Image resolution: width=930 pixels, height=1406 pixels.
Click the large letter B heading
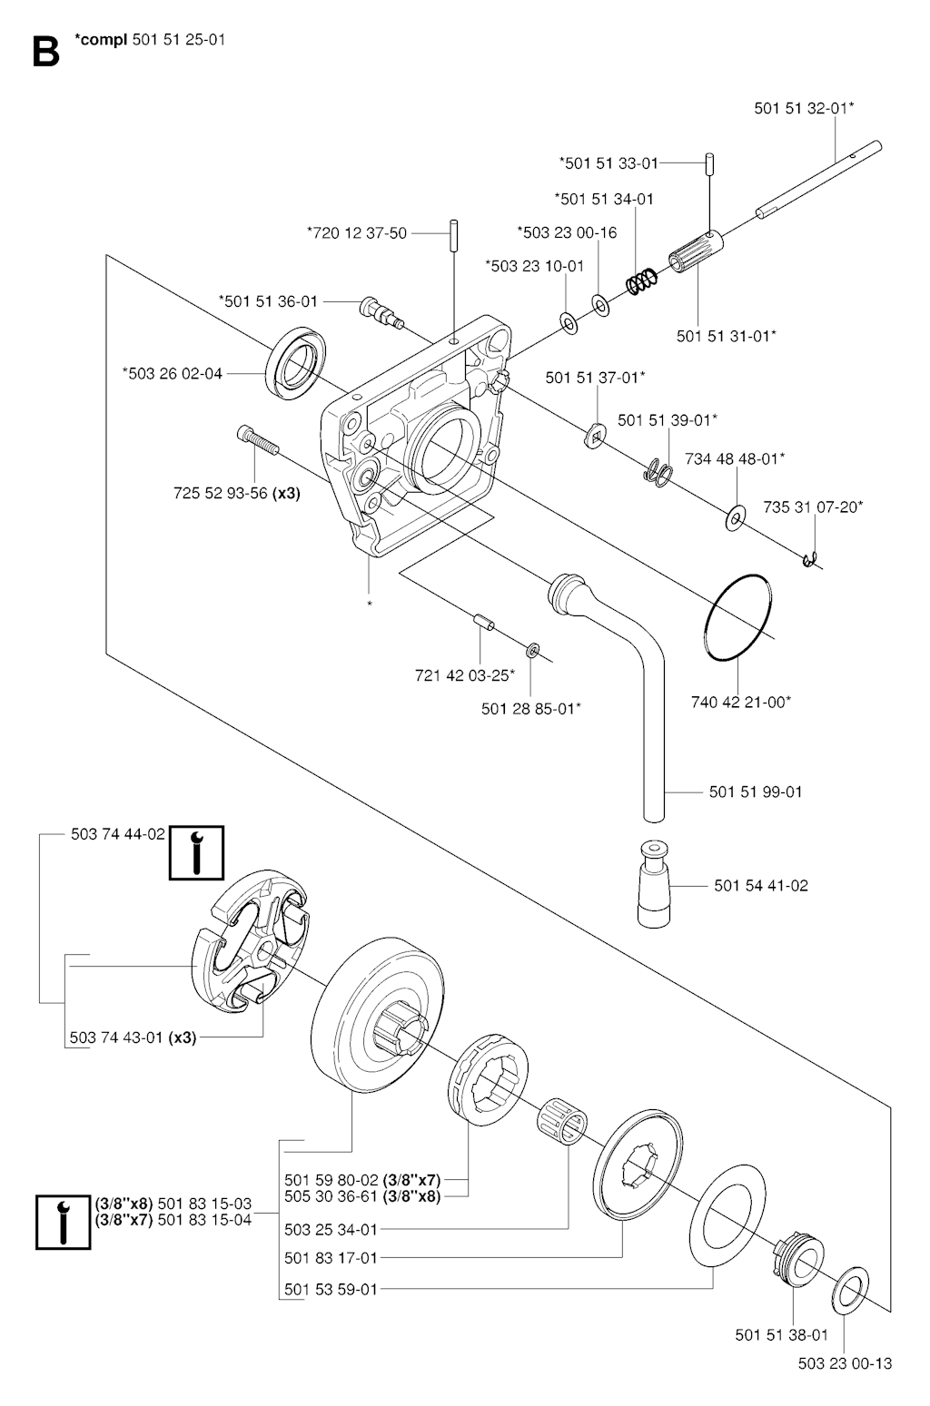click(x=45, y=52)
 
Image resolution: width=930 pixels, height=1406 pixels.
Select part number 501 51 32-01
click(x=803, y=108)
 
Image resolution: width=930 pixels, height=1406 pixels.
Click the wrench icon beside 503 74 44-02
click(x=196, y=853)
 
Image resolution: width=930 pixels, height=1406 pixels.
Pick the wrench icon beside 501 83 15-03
click(x=63, y=1222)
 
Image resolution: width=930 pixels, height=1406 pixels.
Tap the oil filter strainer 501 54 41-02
click(x=655, y=885)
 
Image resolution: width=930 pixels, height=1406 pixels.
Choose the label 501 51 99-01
click(x=756, y=791)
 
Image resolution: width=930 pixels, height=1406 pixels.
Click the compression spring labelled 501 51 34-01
click(x=642, y=280)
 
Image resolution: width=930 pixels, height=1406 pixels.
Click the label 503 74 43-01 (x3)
click(x=134, y=1037)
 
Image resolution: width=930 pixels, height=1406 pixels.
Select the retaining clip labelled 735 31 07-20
click(x=809, y=563)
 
